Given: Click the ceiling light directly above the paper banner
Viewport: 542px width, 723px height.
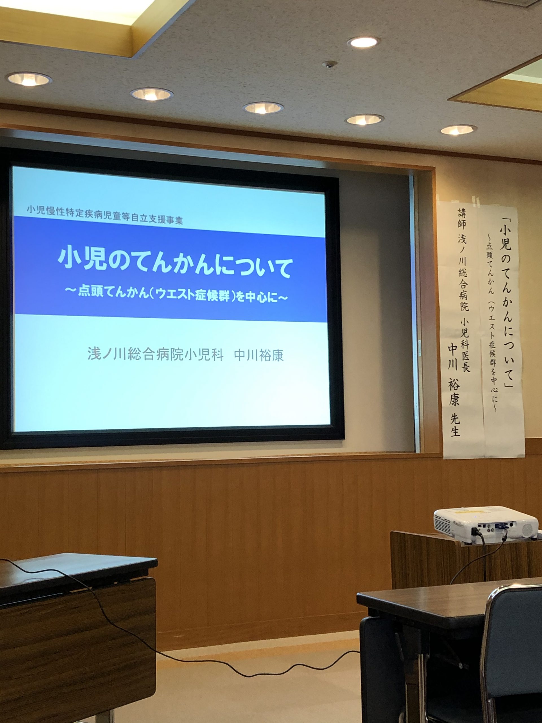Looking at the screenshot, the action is pyautogui.click(x=458, y=130).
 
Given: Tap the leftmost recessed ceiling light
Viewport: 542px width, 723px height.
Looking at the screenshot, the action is pyautogui.click(x=29, y=79).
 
